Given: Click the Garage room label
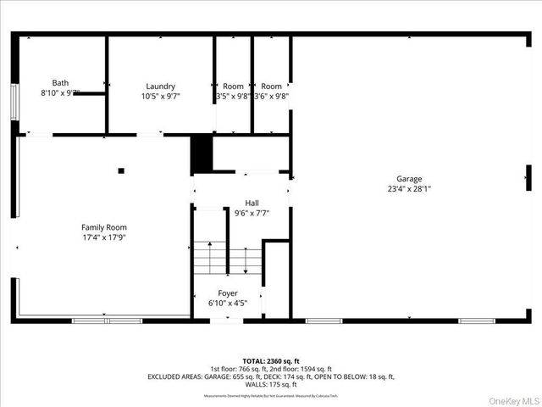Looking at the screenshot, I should [x=409, y=179].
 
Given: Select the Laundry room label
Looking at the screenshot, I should [x=160, y=86].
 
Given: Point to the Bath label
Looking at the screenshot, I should [x=60, y=82].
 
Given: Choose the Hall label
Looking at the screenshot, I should [x=252, y=203].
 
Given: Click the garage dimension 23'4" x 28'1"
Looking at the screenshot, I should [x=409, y=189].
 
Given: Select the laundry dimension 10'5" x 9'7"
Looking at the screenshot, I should [x=160, y=97].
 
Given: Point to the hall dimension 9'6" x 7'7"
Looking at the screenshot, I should [x=252, y=214].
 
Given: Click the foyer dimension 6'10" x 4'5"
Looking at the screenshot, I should [x=228, y=303].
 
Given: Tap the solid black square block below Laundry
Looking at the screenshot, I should [x=201, y=154].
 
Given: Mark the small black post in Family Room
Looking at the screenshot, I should [x=121, y=170].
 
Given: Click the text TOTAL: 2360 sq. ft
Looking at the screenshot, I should [x=271, y=360].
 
